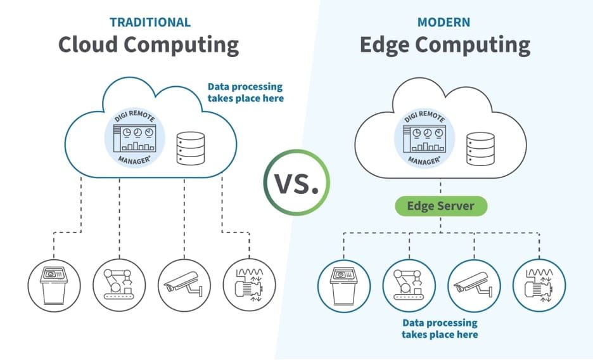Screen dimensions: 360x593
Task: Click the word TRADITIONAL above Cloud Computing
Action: coord(150,22)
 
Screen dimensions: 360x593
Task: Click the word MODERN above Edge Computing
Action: coord(443,22)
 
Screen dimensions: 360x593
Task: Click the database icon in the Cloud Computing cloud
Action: coord(191,148)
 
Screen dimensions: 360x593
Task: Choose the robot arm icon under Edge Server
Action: coord(409,285)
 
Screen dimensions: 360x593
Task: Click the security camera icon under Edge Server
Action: coord(474,285)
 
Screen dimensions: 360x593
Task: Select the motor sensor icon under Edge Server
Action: coord(539,285)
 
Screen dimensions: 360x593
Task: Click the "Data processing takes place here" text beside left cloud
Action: coord(245,93)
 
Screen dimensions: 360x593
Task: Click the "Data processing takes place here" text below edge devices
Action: coord(440,328)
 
